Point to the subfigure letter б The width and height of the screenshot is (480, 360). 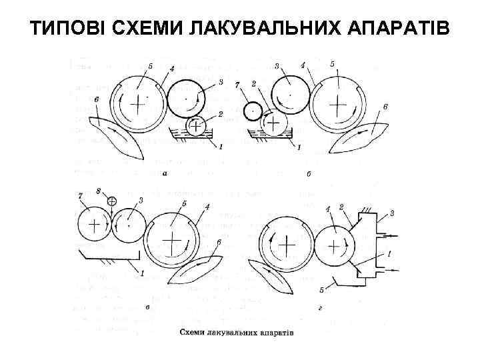coord(309,175)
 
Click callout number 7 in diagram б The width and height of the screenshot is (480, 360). coord(237,86)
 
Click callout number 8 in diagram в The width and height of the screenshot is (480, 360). coord(98,191)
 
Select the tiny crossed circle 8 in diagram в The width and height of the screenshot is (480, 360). coord(111,201)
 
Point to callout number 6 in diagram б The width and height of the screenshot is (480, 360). coord(385,107)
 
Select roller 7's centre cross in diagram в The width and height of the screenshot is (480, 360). coord(94,225)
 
